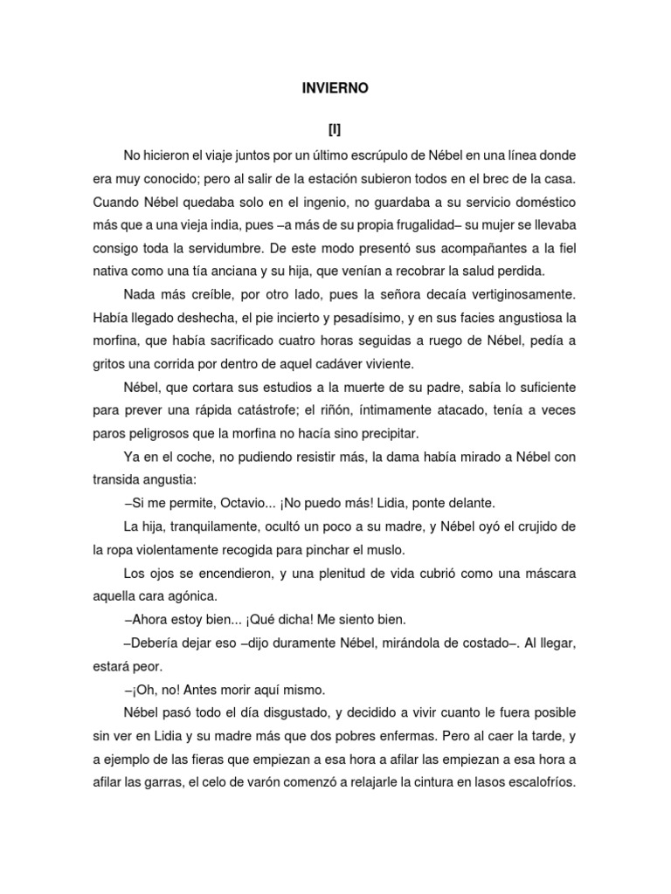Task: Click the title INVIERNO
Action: pyautogui.click(x=335, y=88)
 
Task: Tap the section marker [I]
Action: pyautogui.click(x=335, y=130)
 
